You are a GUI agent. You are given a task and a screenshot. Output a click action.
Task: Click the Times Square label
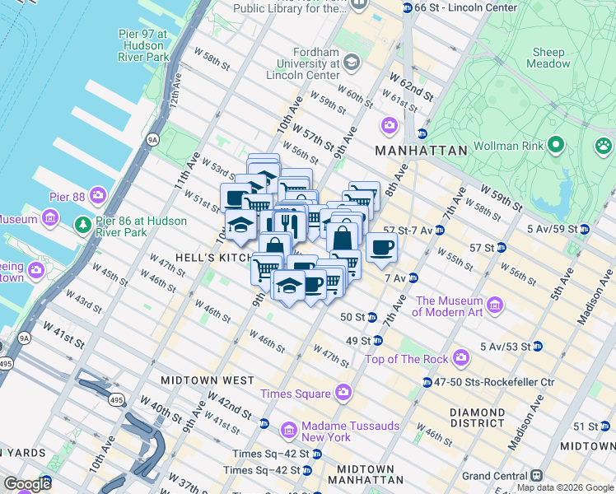click(x=296, y=394)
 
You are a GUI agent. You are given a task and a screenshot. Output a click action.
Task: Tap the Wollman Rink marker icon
click(x=556, y=146)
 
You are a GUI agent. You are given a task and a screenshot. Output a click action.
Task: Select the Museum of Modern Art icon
click(x=495, y=305)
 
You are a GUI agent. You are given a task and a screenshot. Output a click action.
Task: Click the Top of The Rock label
click(x=406, y=358)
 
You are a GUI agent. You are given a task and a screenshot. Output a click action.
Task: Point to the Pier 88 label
click(x=68, y=196)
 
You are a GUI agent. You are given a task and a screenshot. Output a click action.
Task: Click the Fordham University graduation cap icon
click(x=352, y=63)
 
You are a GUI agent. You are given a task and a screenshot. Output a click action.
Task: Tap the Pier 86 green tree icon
click(x=82, y=225)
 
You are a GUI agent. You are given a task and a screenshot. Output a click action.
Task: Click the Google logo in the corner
click(x=27, y=484)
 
